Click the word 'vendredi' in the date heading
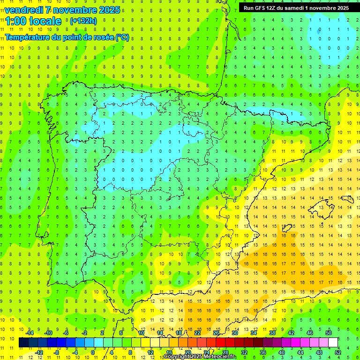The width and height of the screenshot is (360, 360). click(24, 10)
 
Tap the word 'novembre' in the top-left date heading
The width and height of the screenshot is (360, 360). click(73, 10)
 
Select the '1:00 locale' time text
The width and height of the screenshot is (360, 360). click(33, 21)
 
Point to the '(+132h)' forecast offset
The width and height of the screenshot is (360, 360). click(83, 21)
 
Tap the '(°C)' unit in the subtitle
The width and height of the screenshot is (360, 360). click(122, 37)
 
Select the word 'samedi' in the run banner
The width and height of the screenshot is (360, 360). click(297, 8)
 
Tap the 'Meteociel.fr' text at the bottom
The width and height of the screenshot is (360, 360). click(220, 357)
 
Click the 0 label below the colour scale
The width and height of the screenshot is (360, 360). click(93, 352)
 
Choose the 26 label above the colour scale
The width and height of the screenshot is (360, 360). click(216, 333)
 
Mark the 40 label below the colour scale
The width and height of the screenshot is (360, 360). click(282, 352)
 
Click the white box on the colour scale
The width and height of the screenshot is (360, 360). click(333, 343)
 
